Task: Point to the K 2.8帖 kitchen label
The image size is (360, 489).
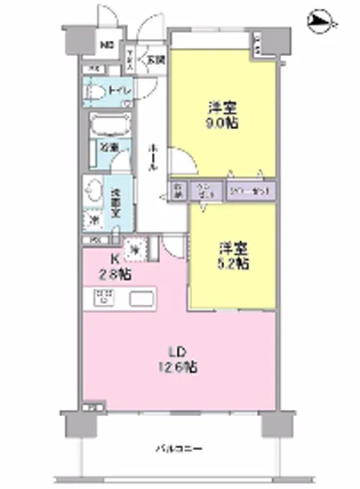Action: pos(113,268)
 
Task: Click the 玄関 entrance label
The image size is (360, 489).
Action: pos(156,60)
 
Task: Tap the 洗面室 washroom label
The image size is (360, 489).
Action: pos(116,192)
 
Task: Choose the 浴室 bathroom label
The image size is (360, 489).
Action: pos(108,148)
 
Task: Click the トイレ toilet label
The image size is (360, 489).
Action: pos(117,91)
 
